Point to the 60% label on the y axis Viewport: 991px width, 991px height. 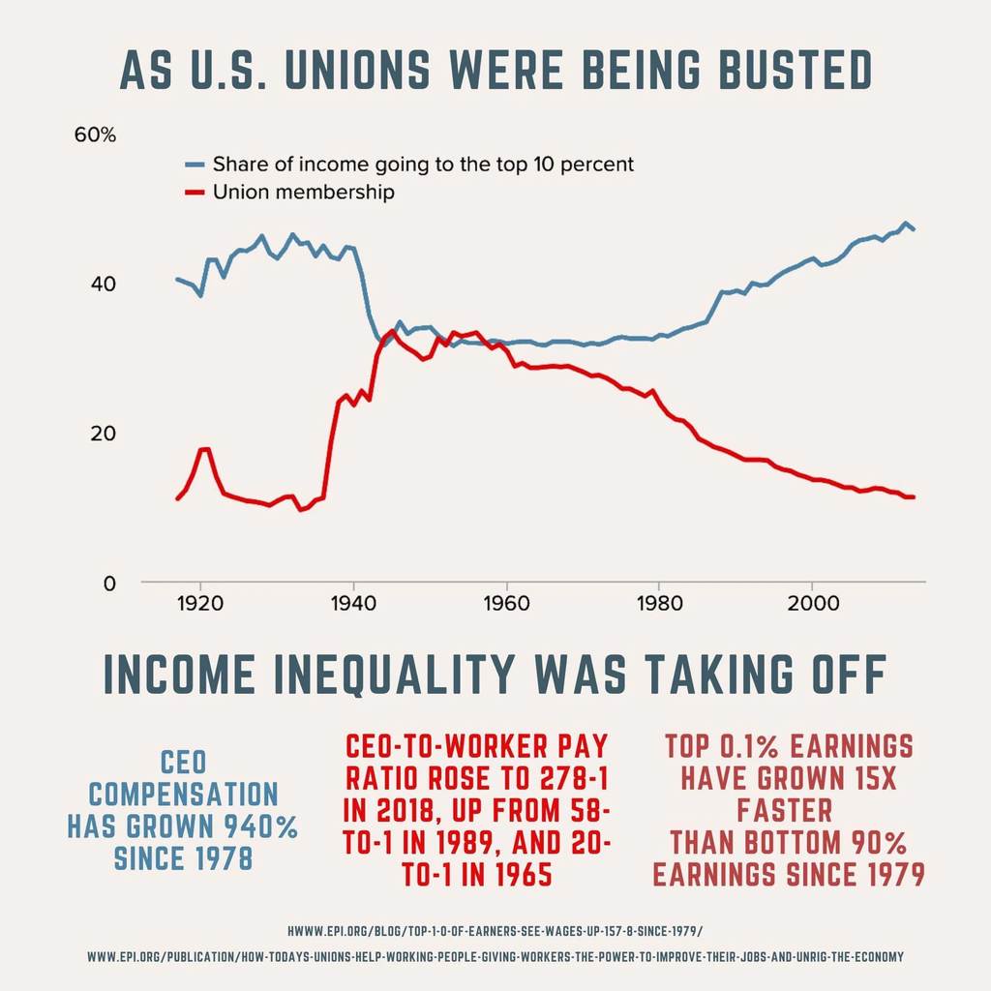95,135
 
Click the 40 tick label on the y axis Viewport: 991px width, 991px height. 102,285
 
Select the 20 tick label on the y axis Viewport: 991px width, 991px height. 102,433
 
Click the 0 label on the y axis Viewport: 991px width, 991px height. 108,583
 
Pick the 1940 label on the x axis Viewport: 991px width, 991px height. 353,602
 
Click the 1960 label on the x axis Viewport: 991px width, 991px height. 505,602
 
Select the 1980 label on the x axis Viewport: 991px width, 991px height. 658,602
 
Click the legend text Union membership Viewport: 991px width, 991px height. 304,193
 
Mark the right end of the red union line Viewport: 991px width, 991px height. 914,496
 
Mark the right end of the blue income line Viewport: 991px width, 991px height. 914,229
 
